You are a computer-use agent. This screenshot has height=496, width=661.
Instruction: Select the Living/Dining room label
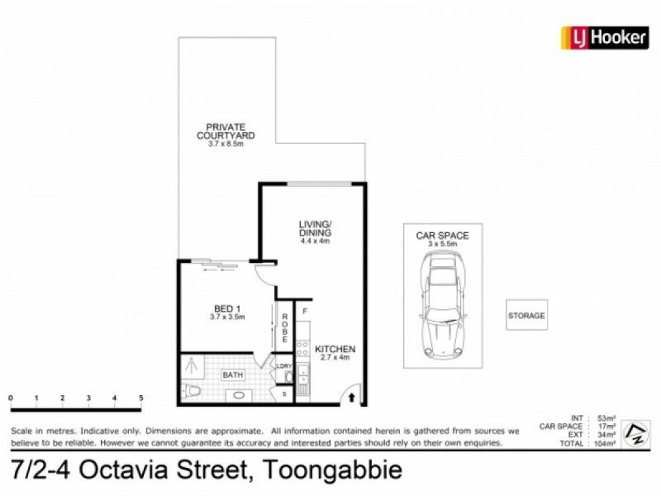pos(315,229)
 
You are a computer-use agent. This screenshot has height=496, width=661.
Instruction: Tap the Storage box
pos(526,316)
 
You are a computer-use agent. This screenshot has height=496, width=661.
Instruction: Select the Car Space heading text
pos(442,236)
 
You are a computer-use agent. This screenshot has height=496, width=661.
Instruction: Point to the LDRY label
pos(284,365)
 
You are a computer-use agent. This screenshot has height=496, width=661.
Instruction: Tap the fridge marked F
pos(304,312)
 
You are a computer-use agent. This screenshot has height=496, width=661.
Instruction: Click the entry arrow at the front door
pos(354,398)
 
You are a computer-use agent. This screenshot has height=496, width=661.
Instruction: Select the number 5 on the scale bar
pos(141,398)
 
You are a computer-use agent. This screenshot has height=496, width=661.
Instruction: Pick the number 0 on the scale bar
pos(11,398)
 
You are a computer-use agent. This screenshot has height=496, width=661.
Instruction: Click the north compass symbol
pos(635,432)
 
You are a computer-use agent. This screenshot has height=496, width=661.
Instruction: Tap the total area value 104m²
pos(609,445)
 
